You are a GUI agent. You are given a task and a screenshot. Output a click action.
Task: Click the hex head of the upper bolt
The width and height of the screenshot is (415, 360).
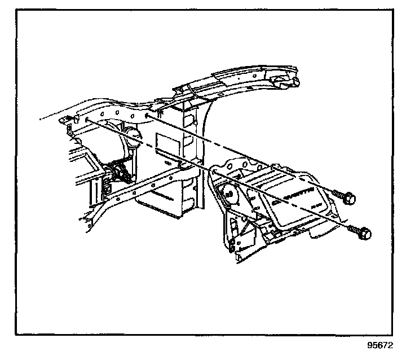point(350,198)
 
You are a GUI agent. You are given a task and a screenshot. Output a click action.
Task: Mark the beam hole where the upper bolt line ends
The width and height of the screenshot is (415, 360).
point(147,116)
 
